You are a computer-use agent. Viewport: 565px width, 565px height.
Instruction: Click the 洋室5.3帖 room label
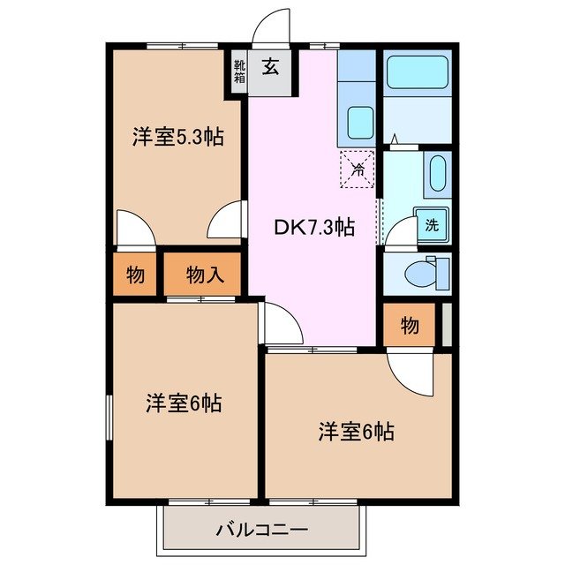pyautogui.click(x=177, y=138)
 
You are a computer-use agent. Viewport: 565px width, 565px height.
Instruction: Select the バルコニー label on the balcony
pyautogui.click(x=261, y=531)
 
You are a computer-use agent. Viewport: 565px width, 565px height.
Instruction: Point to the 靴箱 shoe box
pyautogui.click(x=239, y=70)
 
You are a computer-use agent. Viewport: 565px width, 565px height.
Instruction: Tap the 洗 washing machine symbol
pyautogui.click(x=432, y=225)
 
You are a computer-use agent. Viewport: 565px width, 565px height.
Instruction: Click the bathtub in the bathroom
pyautogui.click(x=418, y=72)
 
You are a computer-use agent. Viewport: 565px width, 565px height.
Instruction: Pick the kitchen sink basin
pyautogui.click(x=358, y=121)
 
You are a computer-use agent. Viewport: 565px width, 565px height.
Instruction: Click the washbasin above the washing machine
pyautogui.click(x=437, y=175)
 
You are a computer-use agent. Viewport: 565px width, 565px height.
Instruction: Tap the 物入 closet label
pyautogui.click(x=205, y=275)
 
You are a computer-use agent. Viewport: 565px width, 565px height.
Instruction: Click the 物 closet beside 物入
pyautogui.click(x=135, y=275)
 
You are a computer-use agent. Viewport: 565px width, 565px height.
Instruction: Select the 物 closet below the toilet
pyautogui.click(x=409, y=327)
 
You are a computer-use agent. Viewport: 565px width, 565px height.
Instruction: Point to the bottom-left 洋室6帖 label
pyautogui.click(x=183, y=403)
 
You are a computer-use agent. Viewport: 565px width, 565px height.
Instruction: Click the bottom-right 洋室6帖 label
pyautogui.click(x=356, y=432)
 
